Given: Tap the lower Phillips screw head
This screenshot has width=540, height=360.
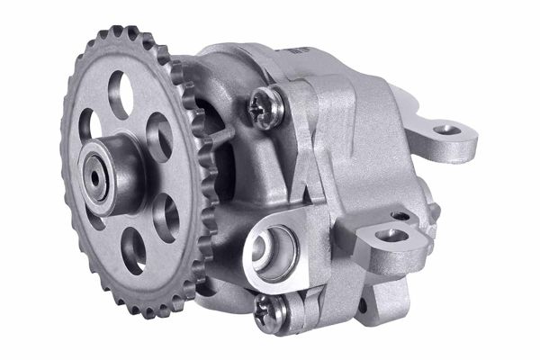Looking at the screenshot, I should point(272,310).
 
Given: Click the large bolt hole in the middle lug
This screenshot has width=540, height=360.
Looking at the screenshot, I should point(390,236).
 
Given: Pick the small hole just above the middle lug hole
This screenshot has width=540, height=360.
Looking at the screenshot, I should point(398,217).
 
